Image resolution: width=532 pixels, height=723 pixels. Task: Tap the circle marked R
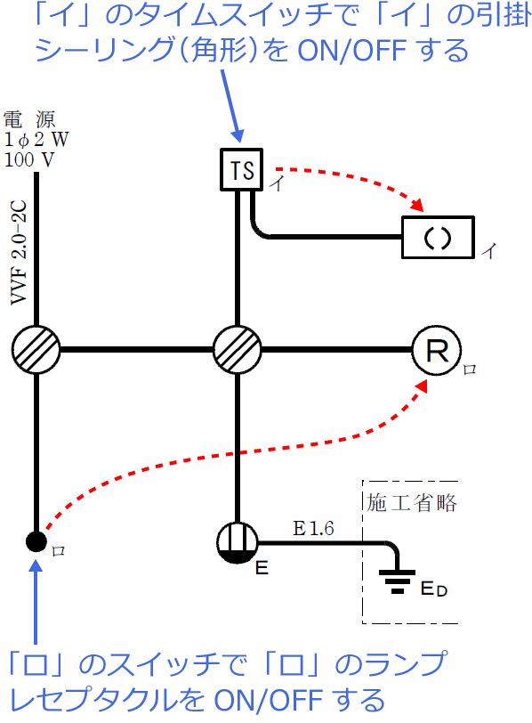(x=436, y=350)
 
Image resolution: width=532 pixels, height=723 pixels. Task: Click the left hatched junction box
(x=36, y=349)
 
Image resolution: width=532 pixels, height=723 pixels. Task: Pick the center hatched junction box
(x=238, y=349)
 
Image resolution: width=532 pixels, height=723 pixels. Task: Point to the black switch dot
(x=36, y=540)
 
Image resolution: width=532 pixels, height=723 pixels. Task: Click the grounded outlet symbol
(x=238, y=541)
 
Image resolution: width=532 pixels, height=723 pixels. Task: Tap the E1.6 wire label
(x=313, y=529)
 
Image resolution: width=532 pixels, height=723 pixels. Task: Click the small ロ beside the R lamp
(x=470, y=367)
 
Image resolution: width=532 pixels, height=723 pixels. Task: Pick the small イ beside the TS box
(x=278, y=184)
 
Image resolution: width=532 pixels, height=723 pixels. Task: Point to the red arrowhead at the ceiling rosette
(x=415, y=207)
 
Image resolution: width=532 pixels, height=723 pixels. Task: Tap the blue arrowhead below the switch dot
(x=36, y=567)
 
